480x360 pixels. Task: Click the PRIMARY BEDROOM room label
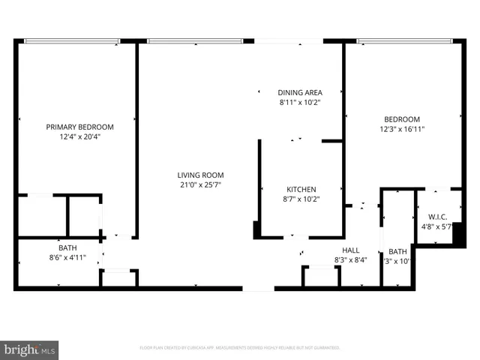(79, 127)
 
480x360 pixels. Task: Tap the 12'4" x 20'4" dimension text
(79, 136)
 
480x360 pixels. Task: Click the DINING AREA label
(300, 92)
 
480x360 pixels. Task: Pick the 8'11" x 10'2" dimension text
(300, 102)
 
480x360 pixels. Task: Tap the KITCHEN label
(301, 189)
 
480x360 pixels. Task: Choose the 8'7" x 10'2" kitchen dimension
(301, 199)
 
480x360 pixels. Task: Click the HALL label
(350, 250)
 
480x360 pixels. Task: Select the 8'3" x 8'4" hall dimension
(350, 260)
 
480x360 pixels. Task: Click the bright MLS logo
(30, 349)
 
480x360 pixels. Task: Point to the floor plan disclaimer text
(240, 348)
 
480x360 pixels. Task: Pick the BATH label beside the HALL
(397, 251)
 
